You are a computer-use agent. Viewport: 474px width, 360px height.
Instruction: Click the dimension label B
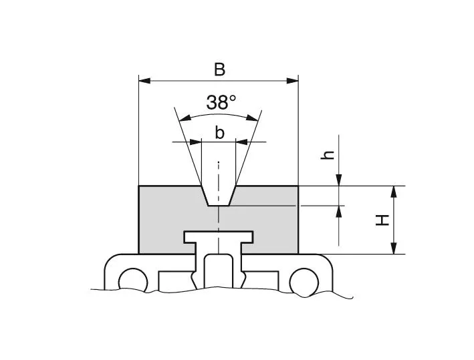click(219, 69)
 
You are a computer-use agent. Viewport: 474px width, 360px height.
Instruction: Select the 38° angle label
click(221, 102)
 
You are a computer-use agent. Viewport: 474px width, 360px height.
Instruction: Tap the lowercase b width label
click(219, 133)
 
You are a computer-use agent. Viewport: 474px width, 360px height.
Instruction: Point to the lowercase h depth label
click(328, 155)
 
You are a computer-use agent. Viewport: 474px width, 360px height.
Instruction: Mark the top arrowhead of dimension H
click(394, 191)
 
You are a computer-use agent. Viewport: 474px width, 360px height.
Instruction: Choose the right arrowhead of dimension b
click(241, 142)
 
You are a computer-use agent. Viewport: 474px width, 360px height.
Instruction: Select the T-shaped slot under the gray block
click(218, 238)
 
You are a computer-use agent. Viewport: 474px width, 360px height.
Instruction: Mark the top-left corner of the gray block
click(138, 186)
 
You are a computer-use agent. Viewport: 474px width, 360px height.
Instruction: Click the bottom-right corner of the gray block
click(298, 254)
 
